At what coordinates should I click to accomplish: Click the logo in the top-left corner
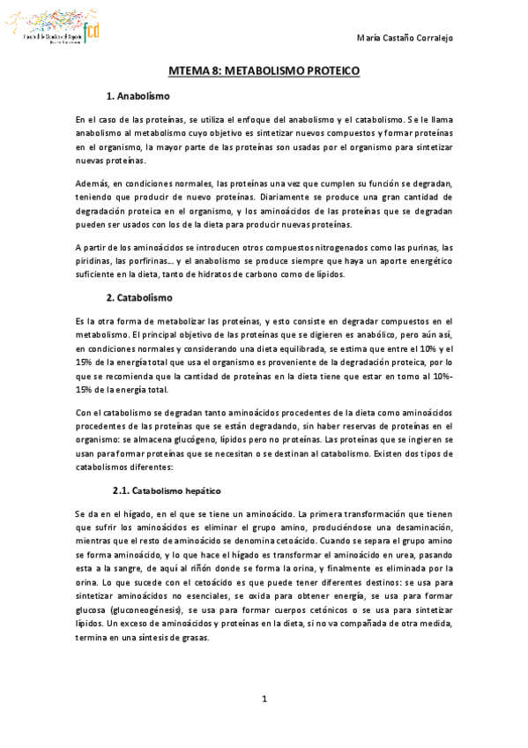57,30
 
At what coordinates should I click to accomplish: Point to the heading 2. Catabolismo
138,297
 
